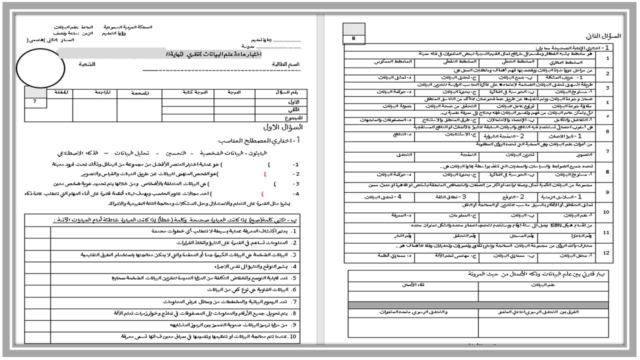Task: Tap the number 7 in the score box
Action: (35, 102)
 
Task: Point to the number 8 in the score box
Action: (354, 38)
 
